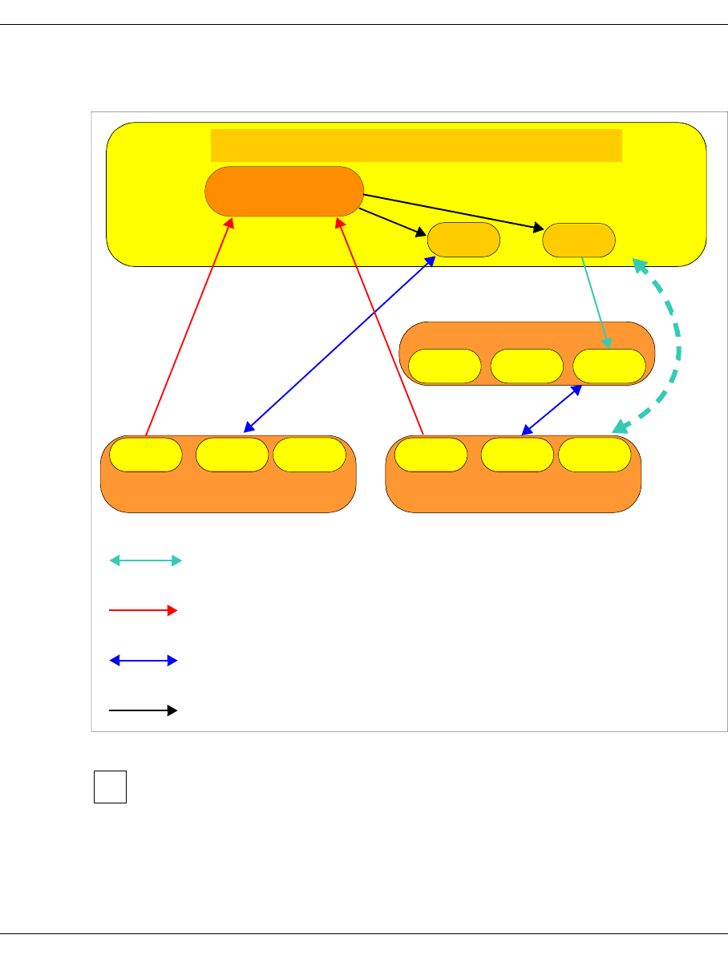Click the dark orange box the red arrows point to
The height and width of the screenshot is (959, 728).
tap(284, 191)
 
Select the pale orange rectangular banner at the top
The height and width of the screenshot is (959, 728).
tap(416, 145)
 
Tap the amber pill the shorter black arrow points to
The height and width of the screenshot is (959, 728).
tap(464, 240)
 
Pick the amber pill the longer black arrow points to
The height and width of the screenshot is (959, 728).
tap(579, 240)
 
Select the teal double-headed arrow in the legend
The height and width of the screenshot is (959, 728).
tap(146, 561)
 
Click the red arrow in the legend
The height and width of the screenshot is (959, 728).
tap(143, 610)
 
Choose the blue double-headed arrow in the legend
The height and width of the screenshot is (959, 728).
tap(143, 661)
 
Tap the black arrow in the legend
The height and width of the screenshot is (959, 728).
tap(143, 710)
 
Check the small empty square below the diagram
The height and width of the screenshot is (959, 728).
tap(110, 787)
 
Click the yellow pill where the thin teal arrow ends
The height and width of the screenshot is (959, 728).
tap(609, 366)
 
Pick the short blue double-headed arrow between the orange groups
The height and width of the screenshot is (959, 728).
tap(552, 411)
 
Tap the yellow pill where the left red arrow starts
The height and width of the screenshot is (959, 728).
tap(145, 455)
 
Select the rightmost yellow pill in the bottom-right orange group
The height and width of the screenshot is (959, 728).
tap(594, 455)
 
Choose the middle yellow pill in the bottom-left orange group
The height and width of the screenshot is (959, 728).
tap(232, 455)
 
